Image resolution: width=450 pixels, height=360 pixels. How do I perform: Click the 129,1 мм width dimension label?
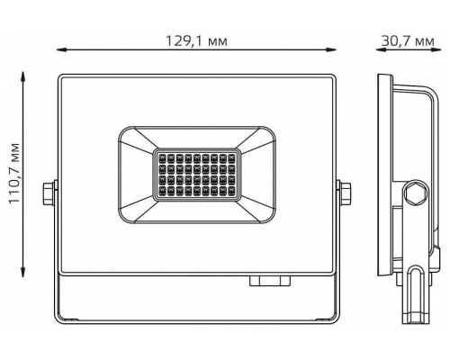coord(196,40)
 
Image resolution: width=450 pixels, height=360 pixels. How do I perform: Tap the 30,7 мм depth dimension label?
coord(408,40)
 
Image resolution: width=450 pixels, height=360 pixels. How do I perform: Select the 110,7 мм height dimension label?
coord(14,174)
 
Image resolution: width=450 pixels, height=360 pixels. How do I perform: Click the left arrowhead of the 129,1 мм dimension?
coord(61,49)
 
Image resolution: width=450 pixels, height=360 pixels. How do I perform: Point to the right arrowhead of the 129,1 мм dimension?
coord(331,49)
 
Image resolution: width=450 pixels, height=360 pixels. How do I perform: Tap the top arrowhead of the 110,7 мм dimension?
coord(22,76)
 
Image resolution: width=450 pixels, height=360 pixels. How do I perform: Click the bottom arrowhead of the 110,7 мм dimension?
coord(22,273)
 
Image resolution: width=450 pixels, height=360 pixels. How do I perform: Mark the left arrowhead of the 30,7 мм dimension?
coord(381,49)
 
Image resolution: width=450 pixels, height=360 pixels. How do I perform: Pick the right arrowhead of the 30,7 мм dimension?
coord(436,49)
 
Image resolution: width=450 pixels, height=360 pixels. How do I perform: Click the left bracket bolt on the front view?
coord(48,193)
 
